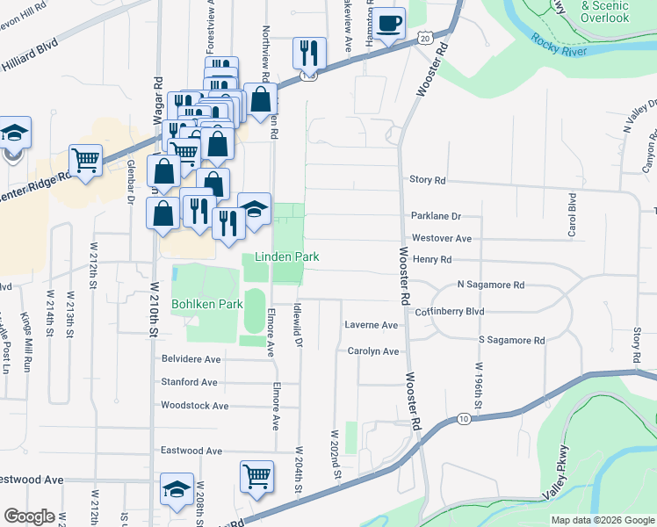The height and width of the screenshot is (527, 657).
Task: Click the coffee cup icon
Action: click(391, 23)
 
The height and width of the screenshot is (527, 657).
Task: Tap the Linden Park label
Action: click(286, 256)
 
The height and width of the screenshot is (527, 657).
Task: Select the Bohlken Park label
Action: click(206, 305)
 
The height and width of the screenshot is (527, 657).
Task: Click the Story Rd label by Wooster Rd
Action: click(428, 180)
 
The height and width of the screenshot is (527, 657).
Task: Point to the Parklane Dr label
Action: click(436, 216)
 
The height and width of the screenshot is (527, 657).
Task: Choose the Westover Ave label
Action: click(441, 238)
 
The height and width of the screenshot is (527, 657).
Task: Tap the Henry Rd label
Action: click(431, 260)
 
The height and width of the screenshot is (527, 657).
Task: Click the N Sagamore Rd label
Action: click(490, 285)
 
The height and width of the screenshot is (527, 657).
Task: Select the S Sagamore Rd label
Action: click(511, 340)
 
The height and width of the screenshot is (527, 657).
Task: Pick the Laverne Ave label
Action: click(372, 325)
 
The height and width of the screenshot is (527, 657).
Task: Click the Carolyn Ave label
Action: click(372, 351)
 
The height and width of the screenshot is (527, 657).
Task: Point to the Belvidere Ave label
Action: click(191, 359)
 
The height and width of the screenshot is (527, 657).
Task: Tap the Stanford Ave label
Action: click(189, 382)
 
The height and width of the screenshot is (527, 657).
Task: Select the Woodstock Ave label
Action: click(194, 406)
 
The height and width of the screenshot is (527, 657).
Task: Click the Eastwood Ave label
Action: click(191, 451)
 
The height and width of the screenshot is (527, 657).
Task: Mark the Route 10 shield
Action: click(462, 419)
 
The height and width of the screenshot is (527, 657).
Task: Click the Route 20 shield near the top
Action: click(424, 39)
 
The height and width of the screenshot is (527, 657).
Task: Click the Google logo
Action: click(29, 516)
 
